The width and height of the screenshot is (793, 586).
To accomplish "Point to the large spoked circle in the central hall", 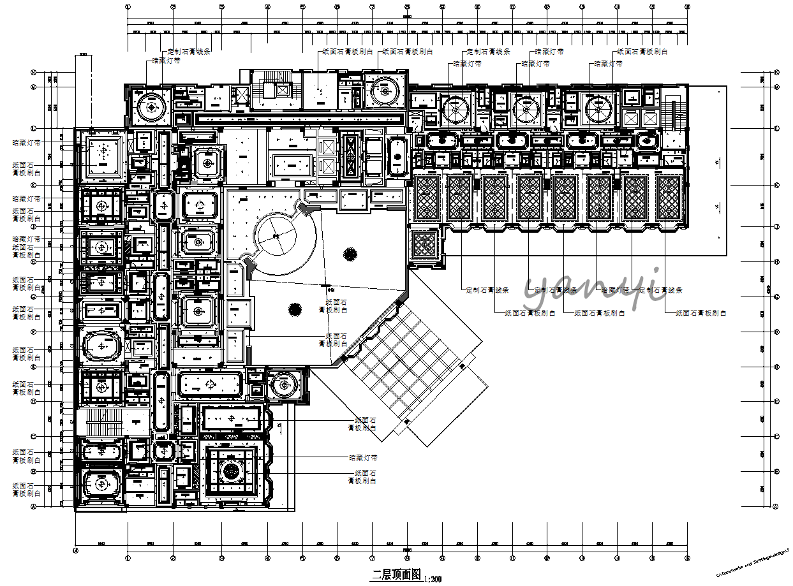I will pyautogui.click(x=276, y=236).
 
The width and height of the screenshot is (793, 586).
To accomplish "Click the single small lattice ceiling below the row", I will pyautogui.click(x=424, y=246).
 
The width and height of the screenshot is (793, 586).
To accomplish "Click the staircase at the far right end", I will pyautogui.click(x=669, y=115).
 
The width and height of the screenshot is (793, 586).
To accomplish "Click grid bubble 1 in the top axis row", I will pyautogui.click(x=128, y=7).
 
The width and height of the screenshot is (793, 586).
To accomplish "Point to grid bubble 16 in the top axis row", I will pyautogui.click(x=687, y=7).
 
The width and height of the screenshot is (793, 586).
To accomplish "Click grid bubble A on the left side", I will pyautogui.click(x=33, y=507).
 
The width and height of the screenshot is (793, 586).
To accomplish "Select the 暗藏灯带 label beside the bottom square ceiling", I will pyautogui.click(x=363, y=458).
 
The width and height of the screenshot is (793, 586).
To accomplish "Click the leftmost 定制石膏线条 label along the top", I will pyautogui.click(x=189, y=52).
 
